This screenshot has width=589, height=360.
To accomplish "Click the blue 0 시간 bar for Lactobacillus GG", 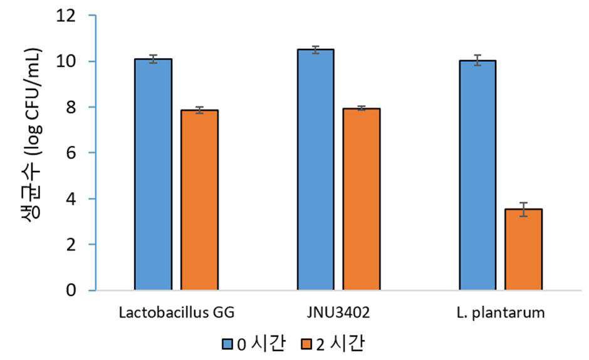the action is (x=154, y=174).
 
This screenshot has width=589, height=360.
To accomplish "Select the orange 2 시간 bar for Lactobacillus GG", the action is (x=199, y=200).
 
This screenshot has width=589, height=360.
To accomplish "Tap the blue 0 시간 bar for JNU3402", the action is (x=316, y=170).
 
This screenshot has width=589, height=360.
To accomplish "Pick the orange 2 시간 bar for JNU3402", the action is (x=362, y=199).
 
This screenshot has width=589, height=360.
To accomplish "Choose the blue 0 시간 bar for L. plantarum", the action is (x=477, y=175).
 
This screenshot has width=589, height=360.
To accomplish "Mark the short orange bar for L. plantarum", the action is (x=524, y=250).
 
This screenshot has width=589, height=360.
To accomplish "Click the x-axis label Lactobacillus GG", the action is (x=177, y=312).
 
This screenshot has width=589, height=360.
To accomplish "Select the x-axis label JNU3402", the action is (x=338, y=312).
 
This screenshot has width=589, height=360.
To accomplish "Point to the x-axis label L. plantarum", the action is (x=501, y=313).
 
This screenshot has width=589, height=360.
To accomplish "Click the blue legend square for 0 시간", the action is (x=227, y=344).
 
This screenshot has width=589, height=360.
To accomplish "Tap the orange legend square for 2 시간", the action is (x=307, y=344).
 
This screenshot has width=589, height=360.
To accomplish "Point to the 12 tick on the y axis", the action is (x=66, y=16).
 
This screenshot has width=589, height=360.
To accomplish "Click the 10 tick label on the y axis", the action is (x=66, y=61).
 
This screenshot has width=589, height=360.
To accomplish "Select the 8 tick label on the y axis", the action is (x=71, y=107).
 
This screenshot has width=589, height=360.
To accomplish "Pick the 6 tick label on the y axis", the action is (x=71, y=153).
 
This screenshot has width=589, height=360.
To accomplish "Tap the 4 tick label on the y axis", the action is (x=71, y=199).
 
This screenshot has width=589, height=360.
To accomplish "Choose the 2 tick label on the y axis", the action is (x=71, y=245).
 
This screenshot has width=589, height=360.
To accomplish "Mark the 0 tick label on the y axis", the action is (x=71, y=290).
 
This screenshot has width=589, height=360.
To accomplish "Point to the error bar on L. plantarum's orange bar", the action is (x=524, y=210).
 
